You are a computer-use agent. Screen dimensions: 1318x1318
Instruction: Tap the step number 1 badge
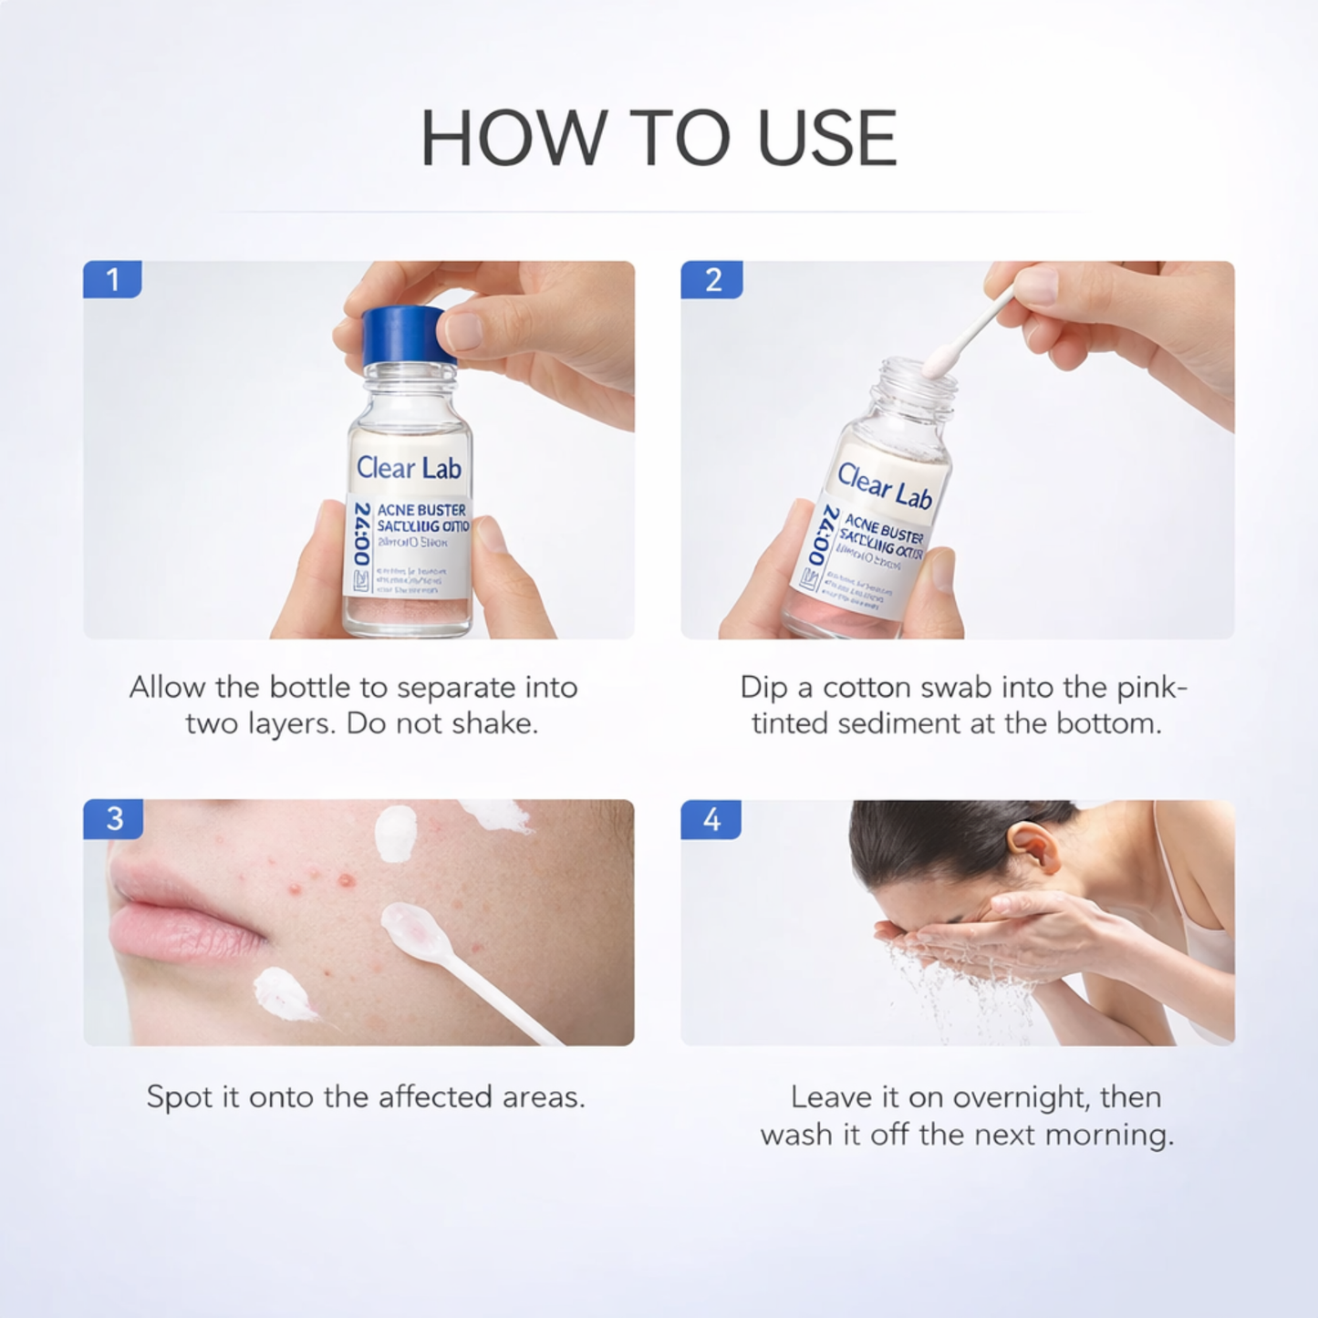point(112,279)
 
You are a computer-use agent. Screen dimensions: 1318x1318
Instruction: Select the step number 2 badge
point(712,279)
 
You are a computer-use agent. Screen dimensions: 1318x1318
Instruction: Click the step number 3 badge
point(114,818)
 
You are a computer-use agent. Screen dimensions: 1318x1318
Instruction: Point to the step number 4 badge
point(711,819)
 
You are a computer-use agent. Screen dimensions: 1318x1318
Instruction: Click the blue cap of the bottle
point(401,334)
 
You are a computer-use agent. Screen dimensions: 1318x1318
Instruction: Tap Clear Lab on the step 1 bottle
point(409,468)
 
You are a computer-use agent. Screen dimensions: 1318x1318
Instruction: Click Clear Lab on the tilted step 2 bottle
point(884,485)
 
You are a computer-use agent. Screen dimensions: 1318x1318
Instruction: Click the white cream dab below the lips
point(282,994)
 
